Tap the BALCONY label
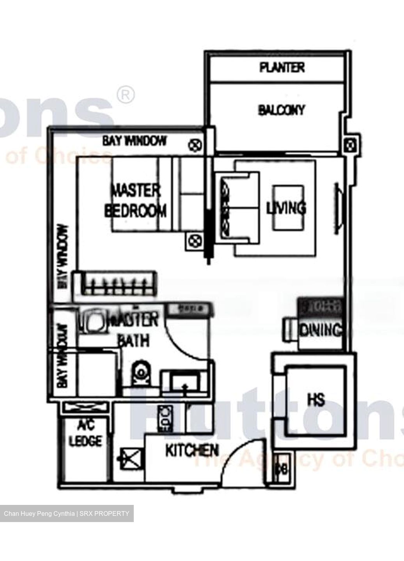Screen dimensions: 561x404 (281, 110)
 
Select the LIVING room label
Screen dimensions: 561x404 (286, 208)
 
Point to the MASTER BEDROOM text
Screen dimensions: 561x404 (135, 201)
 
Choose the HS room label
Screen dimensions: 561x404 (316, 400)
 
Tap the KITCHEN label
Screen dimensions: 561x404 (192, 451)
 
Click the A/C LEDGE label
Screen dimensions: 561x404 (85, 434)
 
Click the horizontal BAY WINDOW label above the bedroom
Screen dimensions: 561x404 (134, 141)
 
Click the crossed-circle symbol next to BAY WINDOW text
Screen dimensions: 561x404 (194, 146)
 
